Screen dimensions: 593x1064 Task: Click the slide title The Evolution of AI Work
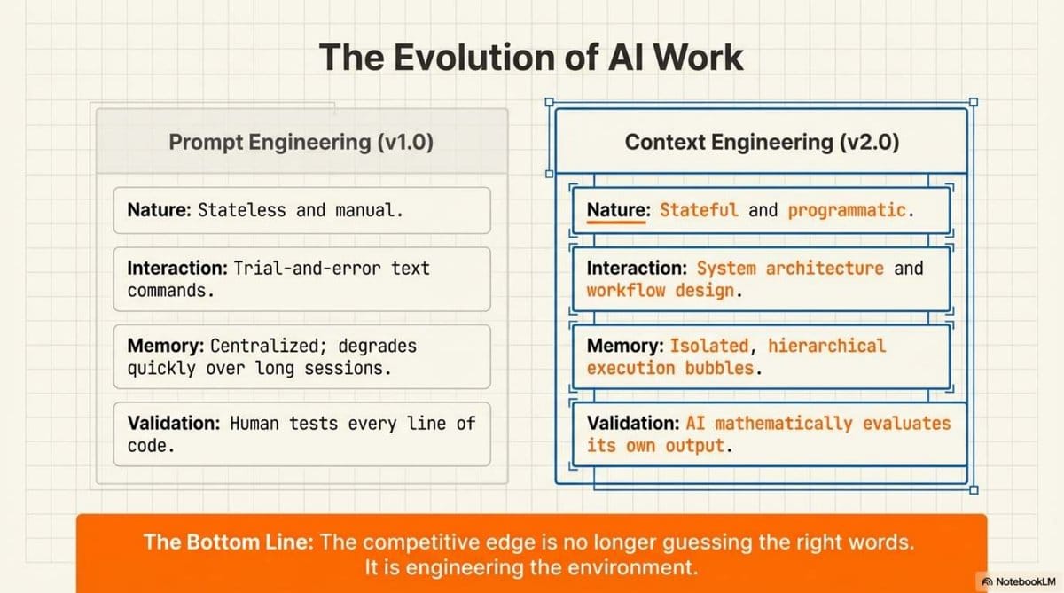point(531,57)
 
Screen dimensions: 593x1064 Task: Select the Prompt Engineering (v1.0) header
point(301,142)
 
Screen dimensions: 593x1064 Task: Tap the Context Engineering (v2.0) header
point(762,142)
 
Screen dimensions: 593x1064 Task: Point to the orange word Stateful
point(699,210)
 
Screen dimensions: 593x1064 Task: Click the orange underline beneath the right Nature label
point(615,223)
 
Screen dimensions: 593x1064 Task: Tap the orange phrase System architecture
point(790,268)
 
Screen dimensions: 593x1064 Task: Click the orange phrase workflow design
point(659,290)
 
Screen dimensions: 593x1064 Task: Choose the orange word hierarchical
point(826,346)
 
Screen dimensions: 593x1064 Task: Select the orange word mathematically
point(776,424)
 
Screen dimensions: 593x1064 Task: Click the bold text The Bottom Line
point(228,542)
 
